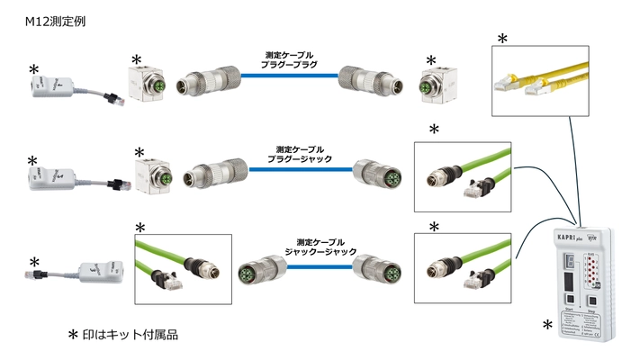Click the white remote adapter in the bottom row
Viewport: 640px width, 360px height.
coord(99,270)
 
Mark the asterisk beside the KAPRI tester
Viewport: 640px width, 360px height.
coord(545,323)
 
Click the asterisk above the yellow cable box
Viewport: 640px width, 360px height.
coord(502,38)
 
